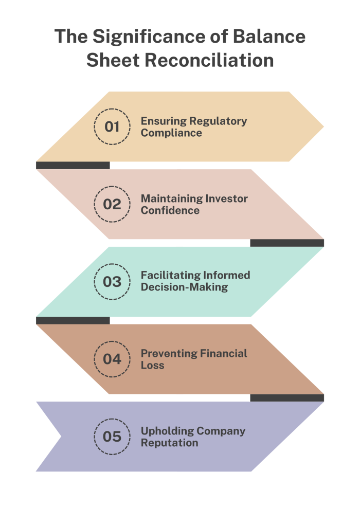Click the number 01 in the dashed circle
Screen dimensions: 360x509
pos(112,126)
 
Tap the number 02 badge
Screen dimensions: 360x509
pos(112,204)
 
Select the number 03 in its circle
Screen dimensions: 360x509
pos(112,281)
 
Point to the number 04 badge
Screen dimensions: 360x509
pos(112,359)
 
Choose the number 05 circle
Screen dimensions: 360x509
pos(112,437)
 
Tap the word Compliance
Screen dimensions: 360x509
pos(171,133)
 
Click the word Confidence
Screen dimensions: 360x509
pos(170,210)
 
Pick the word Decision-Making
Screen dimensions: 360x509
pos(185,287)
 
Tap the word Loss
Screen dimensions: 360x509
pos(153,365)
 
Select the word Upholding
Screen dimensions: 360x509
pos(167,431)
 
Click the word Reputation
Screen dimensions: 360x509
pos(169,443)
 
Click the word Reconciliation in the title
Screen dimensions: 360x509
pos(209,60)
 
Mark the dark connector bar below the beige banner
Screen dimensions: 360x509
pos(73,165)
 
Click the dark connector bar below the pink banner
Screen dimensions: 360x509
pos(287,243)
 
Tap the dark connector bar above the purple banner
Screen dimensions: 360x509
pos(287,398)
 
